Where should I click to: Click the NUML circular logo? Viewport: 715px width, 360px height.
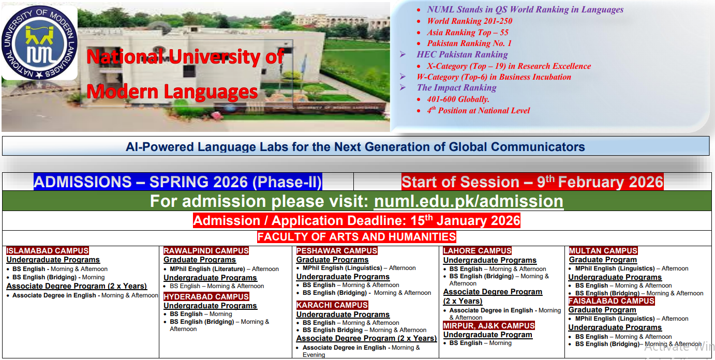39,43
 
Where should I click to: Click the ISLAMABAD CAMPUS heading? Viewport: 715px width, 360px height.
48,251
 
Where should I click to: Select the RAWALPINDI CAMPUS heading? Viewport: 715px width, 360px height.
206,251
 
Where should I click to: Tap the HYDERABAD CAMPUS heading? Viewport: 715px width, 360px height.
206,297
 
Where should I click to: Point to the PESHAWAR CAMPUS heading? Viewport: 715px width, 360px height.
337,251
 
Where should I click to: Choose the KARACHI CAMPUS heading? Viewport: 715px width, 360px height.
332,305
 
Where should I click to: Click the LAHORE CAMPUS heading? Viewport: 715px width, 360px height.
478,251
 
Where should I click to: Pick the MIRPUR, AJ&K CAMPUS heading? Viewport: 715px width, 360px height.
489,326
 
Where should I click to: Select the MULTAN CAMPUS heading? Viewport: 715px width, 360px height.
603,251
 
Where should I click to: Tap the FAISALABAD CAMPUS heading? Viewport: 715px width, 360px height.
612,301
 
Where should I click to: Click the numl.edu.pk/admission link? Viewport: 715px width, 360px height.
468,201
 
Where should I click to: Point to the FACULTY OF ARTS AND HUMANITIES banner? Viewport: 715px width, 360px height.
356,237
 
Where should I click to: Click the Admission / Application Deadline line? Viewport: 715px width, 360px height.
356,221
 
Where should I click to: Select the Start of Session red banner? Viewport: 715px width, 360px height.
532,182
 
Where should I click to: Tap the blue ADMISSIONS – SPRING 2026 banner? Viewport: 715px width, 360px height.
177,182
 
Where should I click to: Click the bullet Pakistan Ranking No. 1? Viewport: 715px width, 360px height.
469,43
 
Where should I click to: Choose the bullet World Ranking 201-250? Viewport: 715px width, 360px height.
469,21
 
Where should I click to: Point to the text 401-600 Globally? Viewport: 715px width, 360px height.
458,99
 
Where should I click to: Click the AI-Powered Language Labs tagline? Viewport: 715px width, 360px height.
355,147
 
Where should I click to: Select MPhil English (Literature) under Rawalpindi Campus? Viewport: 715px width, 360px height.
207,269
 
